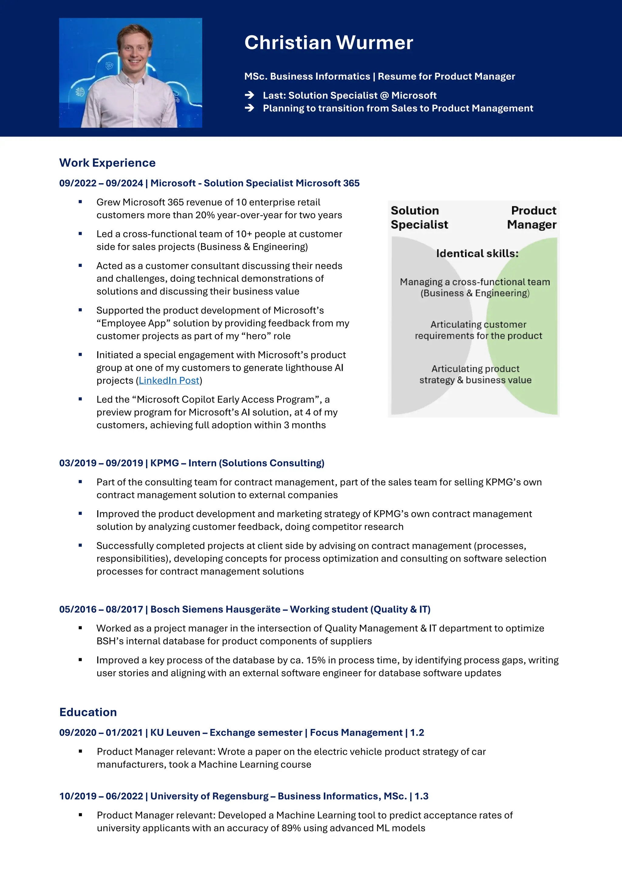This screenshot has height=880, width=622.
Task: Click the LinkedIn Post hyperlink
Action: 169,380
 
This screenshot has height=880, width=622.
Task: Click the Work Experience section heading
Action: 107,163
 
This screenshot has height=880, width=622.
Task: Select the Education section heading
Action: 88,712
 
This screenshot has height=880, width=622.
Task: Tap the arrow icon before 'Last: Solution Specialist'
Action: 250,95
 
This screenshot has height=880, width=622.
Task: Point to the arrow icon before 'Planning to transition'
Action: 250,108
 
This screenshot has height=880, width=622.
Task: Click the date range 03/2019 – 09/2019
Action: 101,463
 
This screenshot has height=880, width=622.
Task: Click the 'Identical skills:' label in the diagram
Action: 477,253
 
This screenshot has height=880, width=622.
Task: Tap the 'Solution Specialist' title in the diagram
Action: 419,217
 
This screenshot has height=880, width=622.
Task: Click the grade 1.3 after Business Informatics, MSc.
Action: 421,796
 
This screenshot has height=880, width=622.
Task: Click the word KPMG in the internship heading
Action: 164,463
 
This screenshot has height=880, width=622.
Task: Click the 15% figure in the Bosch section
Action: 316,660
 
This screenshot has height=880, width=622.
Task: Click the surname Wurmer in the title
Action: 374,43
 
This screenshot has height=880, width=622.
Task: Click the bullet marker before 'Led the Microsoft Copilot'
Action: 80,399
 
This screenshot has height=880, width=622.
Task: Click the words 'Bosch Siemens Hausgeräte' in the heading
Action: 215,610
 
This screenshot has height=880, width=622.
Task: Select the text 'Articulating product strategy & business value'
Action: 475,374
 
